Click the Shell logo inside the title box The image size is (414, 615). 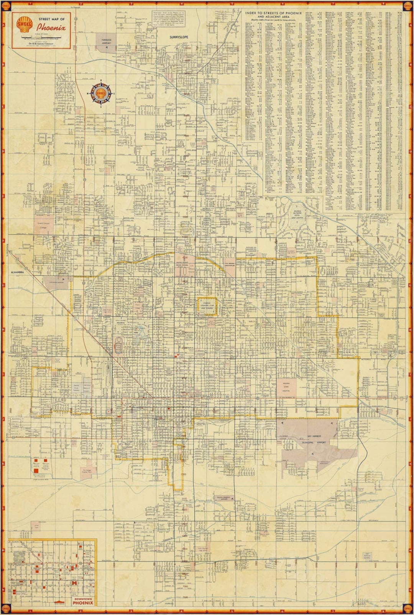24,25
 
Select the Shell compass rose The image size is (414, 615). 101,93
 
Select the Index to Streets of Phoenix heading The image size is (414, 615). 273,13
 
